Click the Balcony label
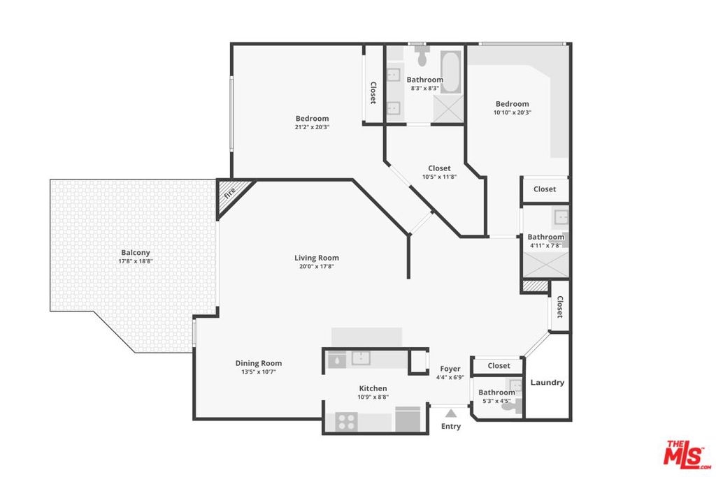click(x=136, y=253)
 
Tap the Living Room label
click(x=317, y=258)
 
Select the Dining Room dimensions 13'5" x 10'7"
click(x=259, y=372)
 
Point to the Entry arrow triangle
click(x=451, y=413)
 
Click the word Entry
click(x=451, y=427)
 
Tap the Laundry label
click(x=547, y=383)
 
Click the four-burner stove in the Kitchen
click(x=346, y=422)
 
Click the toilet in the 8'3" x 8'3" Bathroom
click(x=422, y=54)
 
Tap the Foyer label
click(x=450, y=369)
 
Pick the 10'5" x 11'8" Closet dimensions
click(x=439, y=177)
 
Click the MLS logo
click(x=687, y=454)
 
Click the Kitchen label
click(x=373, y=388)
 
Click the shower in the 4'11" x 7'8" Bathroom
click(x=545, y=264)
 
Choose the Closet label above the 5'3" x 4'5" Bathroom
click(x=499, y=366)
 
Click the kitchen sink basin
click(x=361, y=358)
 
